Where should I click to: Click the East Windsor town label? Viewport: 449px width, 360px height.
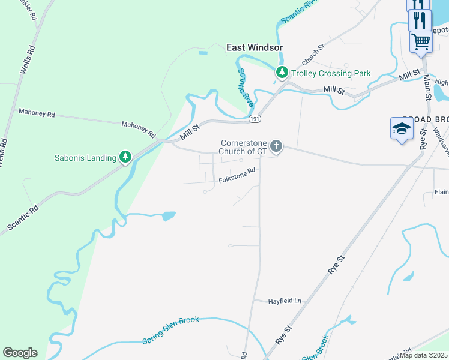(254, 47)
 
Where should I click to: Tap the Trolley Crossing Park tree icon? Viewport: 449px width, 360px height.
(282, 73)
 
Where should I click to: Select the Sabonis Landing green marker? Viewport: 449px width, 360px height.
(125, 158)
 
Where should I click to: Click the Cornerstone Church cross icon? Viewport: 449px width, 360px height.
(276, 146)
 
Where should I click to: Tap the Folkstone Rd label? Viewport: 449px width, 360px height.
(237, 175)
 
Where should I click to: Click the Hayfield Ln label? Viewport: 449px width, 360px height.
(284, 301)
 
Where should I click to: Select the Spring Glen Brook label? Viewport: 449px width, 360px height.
(170, 330)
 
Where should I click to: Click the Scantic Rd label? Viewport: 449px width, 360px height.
(23, 217)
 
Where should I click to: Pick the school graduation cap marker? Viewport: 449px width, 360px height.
(402, 128)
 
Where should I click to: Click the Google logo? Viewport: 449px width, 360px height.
(20, 353)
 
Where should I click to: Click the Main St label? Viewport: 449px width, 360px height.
(427, 86)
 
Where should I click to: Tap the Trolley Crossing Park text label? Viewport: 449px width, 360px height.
(331, 73)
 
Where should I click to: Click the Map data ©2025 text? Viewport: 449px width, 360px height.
(424, 355)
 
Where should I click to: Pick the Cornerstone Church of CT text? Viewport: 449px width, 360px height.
(243, 147)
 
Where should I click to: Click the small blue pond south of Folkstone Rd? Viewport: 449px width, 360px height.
(168, 216)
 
